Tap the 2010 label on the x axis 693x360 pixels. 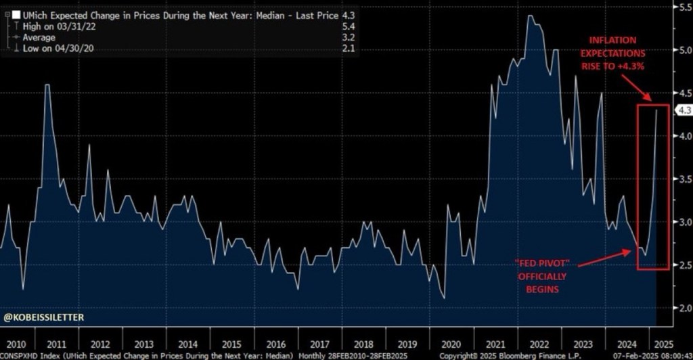click(13, 343)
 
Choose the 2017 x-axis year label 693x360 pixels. click(319, 343)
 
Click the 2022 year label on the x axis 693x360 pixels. click(538, 343)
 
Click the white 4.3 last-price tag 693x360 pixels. click(683, 110)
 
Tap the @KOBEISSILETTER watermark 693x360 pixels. click(44, 316)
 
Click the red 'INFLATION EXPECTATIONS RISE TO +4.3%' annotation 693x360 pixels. click(615, 52)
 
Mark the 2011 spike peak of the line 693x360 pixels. click(47, 85)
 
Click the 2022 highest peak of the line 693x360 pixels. click(529, 16)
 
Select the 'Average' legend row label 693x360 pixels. click(39, 37)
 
